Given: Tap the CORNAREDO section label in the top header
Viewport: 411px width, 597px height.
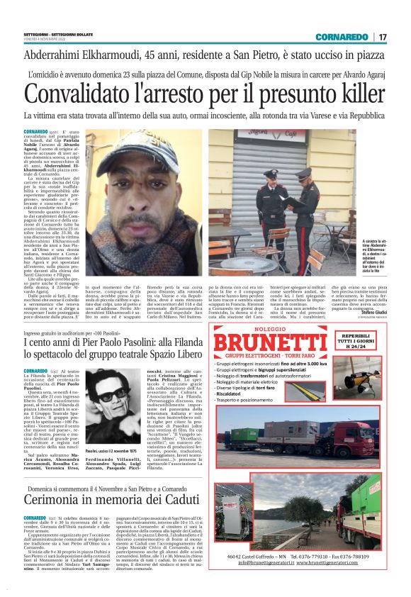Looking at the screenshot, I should [342, 36].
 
